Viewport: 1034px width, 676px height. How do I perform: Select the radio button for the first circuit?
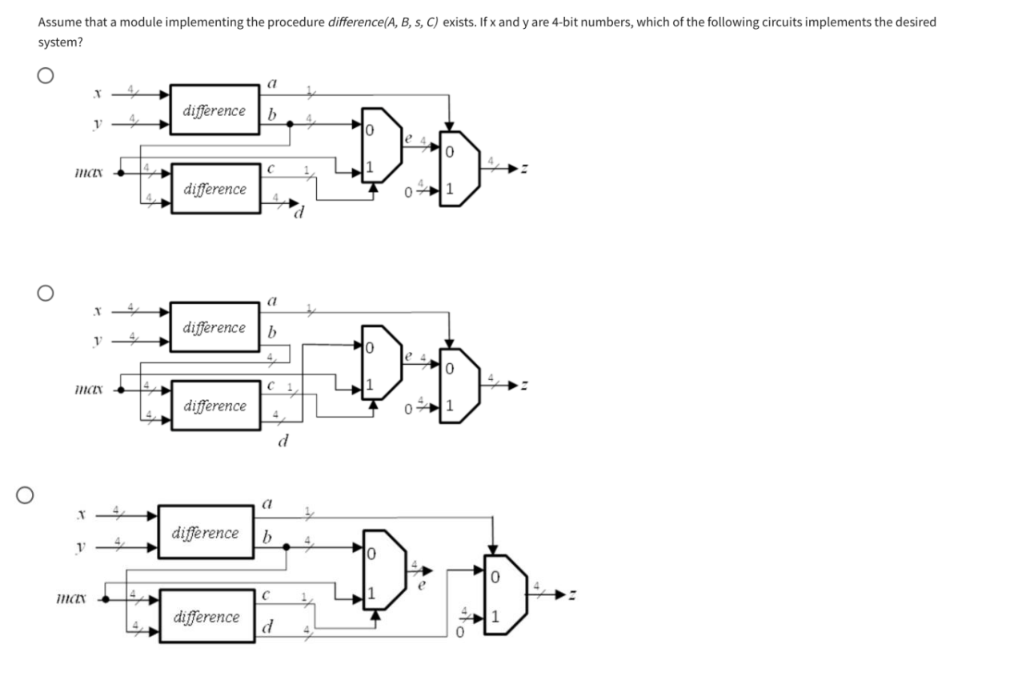tap(46, 76)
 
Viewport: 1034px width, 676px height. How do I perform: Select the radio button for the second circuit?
tap(46, 293)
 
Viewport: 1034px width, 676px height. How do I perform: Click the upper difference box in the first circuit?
tap(214, 111)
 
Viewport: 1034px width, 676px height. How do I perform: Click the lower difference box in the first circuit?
tap(214, 190)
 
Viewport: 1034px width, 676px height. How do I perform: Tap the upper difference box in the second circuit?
tap(214, 328)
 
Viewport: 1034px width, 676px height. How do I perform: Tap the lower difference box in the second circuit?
tap(214, 406)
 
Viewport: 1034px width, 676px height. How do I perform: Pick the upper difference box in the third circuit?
tap(206, 533)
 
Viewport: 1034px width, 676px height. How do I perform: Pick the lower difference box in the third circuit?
tap(206, 617)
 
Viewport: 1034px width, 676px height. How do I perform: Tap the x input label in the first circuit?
tap(96, 94)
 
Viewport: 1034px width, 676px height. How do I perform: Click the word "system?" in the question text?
tap(59, 42)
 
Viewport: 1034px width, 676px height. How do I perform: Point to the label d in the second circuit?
tap(282, 441)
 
